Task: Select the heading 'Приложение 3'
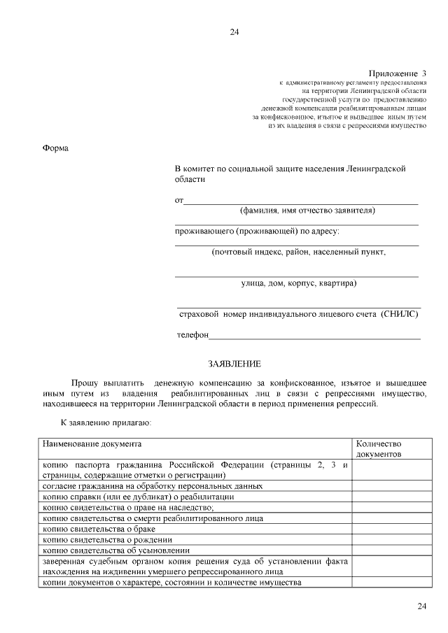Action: pos(397,73)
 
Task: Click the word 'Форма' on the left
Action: pos(55,148)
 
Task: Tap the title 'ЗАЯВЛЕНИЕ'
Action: pos(234,364)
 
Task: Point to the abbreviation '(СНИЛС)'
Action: pos(400,315)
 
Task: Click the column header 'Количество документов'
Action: pos(379,449)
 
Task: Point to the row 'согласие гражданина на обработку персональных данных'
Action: pos(153,485)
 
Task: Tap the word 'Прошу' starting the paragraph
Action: pos(85,383)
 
